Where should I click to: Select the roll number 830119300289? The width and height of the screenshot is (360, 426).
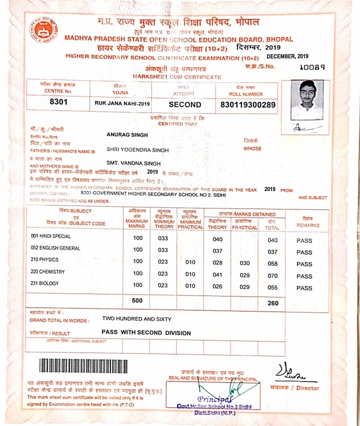248,105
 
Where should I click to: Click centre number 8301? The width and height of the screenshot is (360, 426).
58,102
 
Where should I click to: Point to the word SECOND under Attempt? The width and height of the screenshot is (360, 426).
184,105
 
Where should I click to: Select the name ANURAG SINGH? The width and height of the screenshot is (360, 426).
127,134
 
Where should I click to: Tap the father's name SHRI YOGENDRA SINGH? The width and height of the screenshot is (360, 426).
137,149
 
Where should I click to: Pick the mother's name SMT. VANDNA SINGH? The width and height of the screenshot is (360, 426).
134,163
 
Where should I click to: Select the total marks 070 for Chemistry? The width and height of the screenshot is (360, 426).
272,276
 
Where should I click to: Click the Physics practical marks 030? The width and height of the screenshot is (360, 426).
244,263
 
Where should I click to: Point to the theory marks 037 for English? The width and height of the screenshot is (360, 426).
217,251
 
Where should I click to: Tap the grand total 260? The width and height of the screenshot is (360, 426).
272,303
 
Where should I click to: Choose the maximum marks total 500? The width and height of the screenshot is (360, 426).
137,301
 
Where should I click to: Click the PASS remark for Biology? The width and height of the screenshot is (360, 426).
304,288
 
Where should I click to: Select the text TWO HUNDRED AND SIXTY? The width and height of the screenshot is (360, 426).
136,318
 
